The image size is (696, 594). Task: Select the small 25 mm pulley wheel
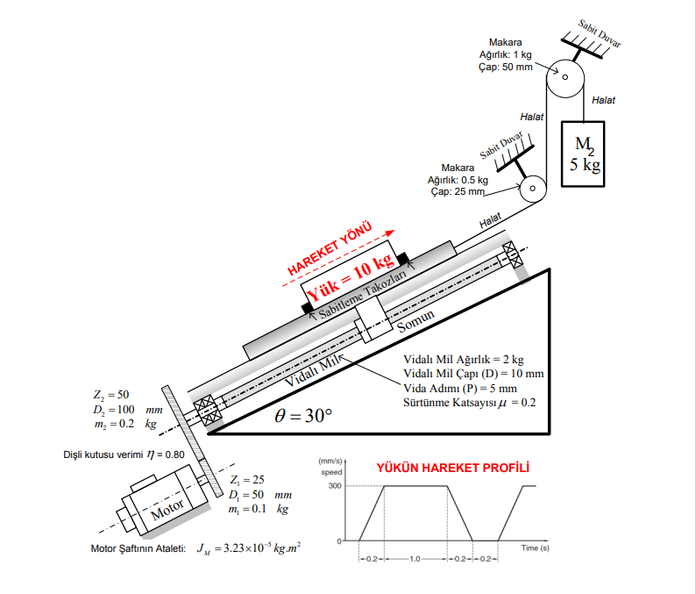pyautogui.click(x=531, y=189)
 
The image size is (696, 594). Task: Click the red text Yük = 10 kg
pyautogui.click(x=351, y=271)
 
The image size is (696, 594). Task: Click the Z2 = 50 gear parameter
pyautogui.click(x=111, y=395)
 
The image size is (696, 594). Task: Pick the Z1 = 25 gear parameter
pyautogui.click(x=246, y=480)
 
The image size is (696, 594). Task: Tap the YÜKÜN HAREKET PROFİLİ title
pyautogui.click(x=452, y=468)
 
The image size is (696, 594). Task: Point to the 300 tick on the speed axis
pyautogui.click(x=334, y=486)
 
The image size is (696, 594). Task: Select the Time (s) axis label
pyautogui.click(x=535, y=547)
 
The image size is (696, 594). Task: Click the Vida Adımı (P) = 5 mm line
pyautogui.click(x=460, y=388)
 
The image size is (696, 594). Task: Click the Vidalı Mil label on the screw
pyautogui.click(x=311, y=372)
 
